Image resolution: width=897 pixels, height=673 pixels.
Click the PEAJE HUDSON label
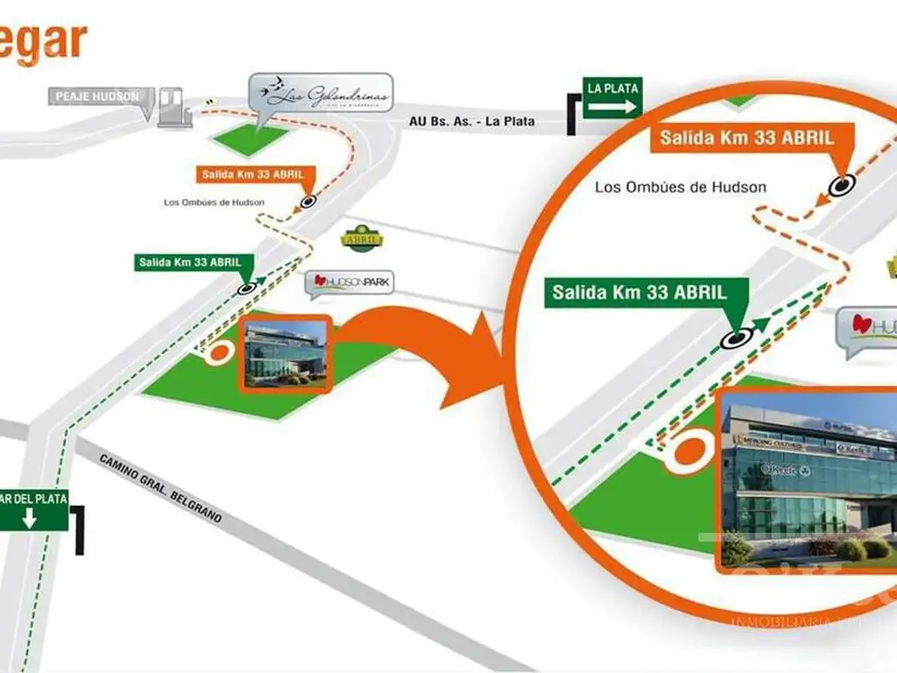coord(97,96)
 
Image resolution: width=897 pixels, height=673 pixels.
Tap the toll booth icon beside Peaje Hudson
coord(173,108)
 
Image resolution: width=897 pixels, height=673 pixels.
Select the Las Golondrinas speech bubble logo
coord(319,95)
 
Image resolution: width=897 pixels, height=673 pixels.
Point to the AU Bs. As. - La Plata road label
coord(471,122)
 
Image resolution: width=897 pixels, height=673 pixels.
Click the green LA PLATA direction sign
coord(612,98)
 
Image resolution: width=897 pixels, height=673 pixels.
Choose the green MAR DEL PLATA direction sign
coord(34,510)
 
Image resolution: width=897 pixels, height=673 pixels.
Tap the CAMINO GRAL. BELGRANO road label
coord(160,489)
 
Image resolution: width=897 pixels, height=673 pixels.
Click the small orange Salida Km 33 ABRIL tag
coord(252,174)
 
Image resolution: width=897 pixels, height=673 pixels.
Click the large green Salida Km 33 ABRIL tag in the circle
coord(638,293)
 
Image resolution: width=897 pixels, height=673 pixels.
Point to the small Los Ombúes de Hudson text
coord(214,202)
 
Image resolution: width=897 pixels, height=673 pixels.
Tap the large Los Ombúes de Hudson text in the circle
coord(680,187)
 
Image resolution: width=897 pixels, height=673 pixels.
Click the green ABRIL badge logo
coord(360,238)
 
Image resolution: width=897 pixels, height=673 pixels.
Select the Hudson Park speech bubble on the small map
coord(350,283)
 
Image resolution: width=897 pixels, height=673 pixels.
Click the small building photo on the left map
coord(286,353)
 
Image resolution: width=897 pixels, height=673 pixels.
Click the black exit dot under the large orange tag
coord(842,185)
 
